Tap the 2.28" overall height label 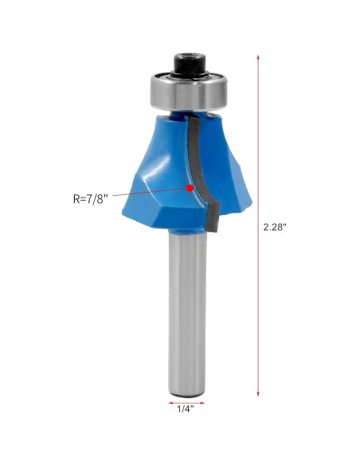pyautogui.click(x=275, y=227)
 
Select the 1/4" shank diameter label pyautogui.click(x=186, y=410)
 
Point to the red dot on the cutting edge pyautogui.click(x=190, y=189)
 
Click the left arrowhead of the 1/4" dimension pyautogui.click(x=170, y=401)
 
